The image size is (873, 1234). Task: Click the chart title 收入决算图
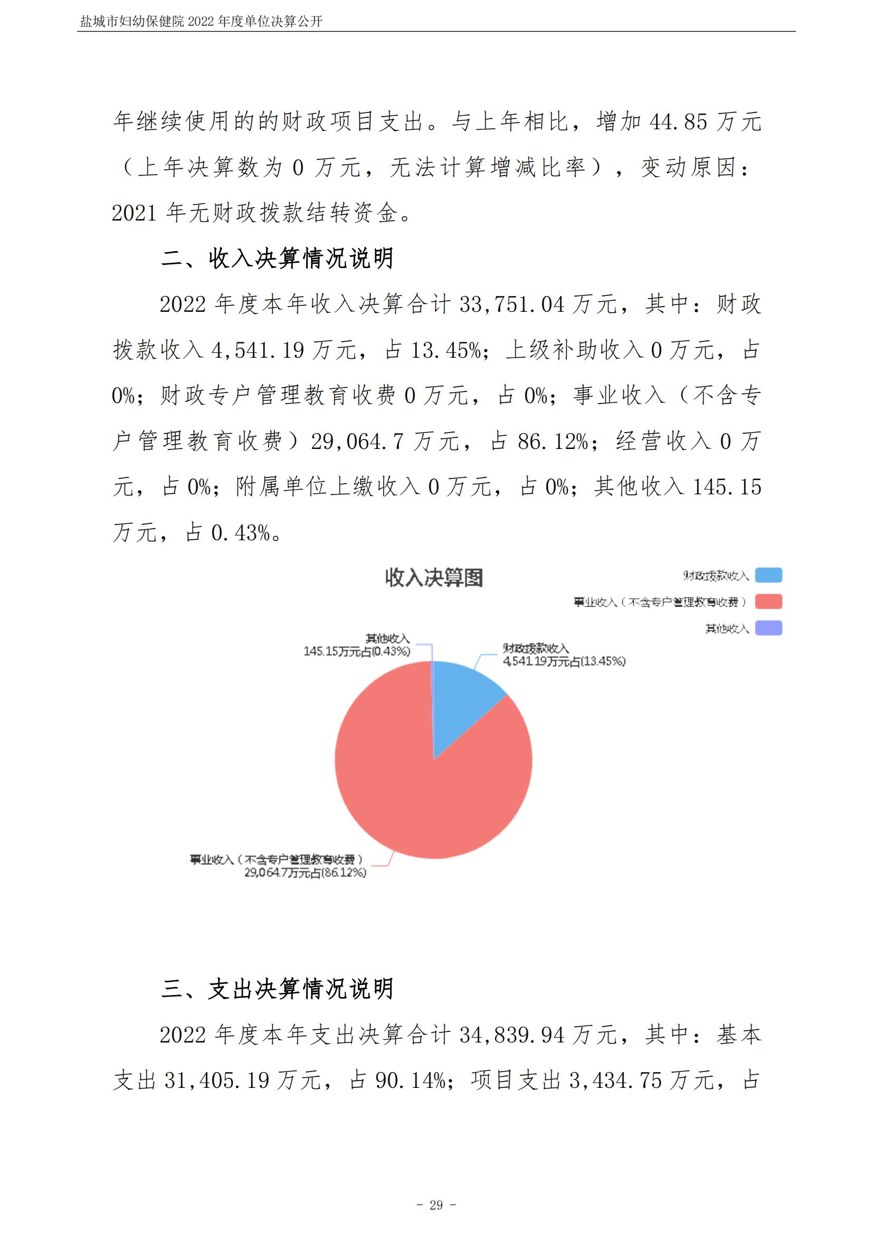434,578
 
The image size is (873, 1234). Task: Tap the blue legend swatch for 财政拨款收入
768,575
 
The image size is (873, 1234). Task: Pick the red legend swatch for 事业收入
768,601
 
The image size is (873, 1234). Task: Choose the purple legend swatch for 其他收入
768,628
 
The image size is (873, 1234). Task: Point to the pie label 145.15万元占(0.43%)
357,652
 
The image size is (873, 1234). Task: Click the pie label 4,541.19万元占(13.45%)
564,661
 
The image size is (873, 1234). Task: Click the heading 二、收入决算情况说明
278,259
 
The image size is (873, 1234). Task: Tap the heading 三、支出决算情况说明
278,989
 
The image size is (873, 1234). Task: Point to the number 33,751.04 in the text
512,305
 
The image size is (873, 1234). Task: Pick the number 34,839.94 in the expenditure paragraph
512,1035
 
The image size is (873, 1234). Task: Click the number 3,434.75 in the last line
615,1081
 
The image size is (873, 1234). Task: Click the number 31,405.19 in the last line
216,1081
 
